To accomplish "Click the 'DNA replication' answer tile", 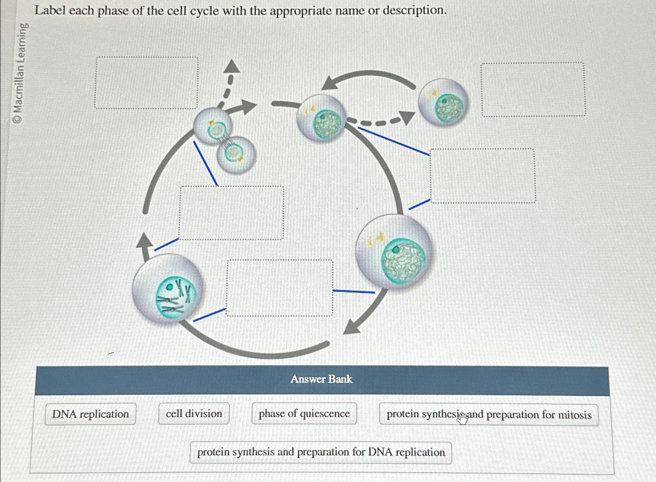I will click(x=90, y=414).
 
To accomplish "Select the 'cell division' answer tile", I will click(x=194, y=414).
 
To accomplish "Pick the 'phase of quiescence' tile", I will click(x=304, y=414).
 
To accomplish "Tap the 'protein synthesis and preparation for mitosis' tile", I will click(x=489, y=415).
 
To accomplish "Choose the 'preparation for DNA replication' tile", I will click(x=321, y=453).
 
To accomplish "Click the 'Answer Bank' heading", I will click(x=322, y=379).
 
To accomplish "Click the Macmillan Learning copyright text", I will click(x=21, y=73).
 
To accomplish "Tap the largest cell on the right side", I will click(x=394, y=251).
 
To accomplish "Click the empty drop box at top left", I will click(x=146, y=83).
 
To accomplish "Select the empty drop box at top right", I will click(x=533, y=90).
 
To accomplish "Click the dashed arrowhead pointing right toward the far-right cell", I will click(x=406, y=117).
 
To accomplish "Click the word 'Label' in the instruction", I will click(x=50, y=11).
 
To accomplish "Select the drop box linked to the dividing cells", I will click(x=232, y=213).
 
